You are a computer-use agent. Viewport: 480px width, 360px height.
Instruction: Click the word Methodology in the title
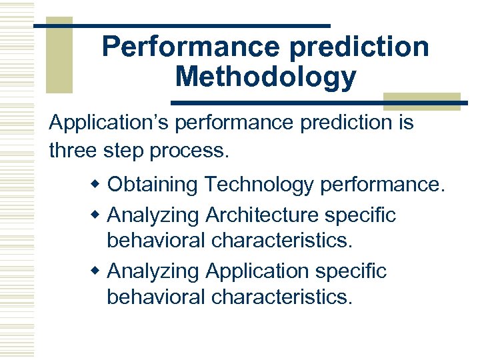pyautogui.click(x=265, y=77)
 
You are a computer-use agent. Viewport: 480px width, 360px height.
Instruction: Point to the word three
pyautogui.click(x=73, y=150)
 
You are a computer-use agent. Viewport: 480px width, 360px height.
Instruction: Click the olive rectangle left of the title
pyautogui.click(x=59, y=56)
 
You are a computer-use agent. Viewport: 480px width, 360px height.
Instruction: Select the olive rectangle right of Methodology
pyautogui.click(x=422, y=100)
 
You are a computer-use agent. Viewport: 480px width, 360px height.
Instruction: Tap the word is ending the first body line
pyautogui.click(x=405, y=123)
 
